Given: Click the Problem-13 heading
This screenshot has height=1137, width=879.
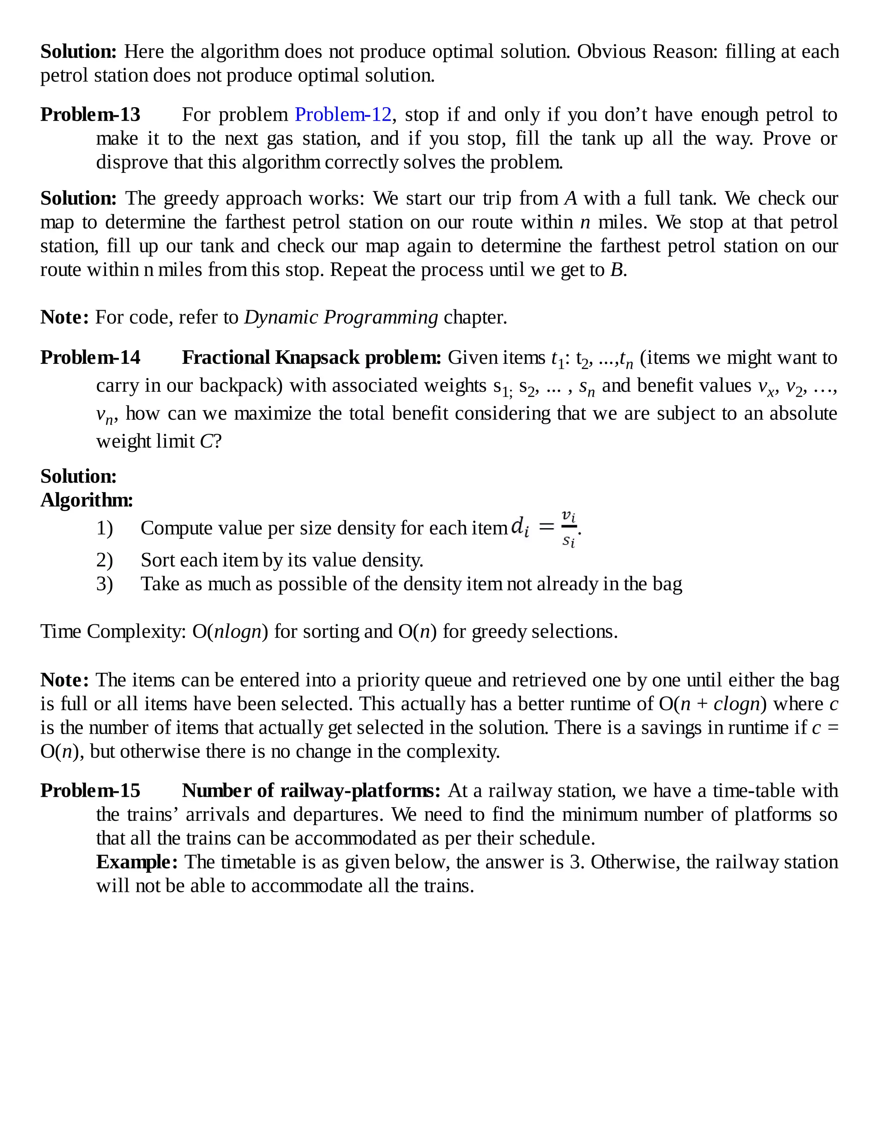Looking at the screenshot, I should click(90, 115).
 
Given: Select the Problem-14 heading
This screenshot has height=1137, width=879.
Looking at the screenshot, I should click(90, 358).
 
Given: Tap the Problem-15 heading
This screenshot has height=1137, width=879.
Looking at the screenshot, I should click(90, 790).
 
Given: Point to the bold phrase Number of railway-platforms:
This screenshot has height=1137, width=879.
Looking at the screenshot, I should click(311, 790).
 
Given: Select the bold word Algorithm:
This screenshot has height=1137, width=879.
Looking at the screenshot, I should click(86, 500).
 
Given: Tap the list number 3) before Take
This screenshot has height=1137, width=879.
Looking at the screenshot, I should click(104, 584).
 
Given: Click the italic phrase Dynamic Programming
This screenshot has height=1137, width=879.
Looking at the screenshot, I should click(341, 317).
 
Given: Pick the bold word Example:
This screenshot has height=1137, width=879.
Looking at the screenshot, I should click(137, 862).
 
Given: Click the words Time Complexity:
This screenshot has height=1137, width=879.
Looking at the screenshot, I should click(113, 632).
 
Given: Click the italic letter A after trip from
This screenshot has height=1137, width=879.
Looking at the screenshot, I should click(571, 198).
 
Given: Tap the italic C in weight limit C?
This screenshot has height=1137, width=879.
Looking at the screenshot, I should click(206, 441).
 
